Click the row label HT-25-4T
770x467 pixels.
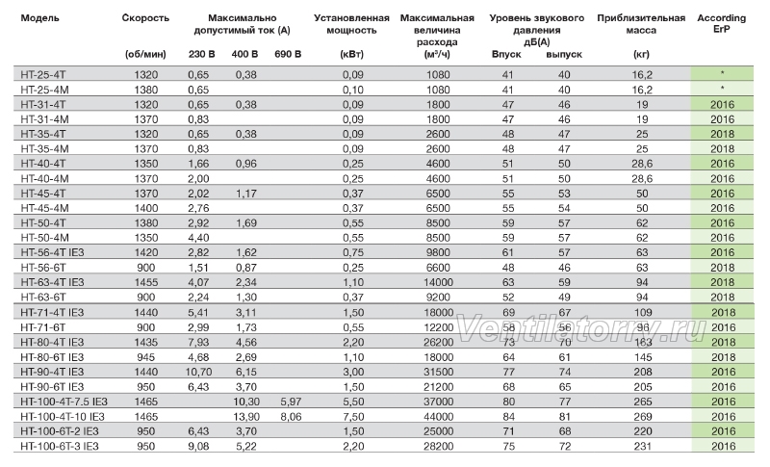(x=43, y=75)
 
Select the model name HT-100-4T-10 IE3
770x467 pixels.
(x=63, y=416)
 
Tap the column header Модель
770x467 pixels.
(x=39, y=18)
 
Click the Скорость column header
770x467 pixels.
(x=145, y=18)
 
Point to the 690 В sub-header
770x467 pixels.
(x=288, y=54)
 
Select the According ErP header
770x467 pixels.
(x=721, y=23)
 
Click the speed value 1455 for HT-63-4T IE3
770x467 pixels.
(x=146, y=282)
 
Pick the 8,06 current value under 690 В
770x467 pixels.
(x=291, y=416)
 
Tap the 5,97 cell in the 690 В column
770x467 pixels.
(x=291, y=402)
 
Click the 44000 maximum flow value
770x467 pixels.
(x=438, y=416)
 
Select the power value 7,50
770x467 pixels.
(x=353, y=416)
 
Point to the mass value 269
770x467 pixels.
(x=642, y=416)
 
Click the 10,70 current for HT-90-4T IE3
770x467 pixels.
(x=198, y=372)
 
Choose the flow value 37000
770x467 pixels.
(x=438, y=402)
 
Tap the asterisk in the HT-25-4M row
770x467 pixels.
(x=723, y=88)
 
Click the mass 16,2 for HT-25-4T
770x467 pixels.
(x=642, y=75)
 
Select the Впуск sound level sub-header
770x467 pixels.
(x=506, y=54)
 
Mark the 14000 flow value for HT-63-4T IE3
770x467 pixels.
(x=438, y=282)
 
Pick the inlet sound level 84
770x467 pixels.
(x=508, y=416)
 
